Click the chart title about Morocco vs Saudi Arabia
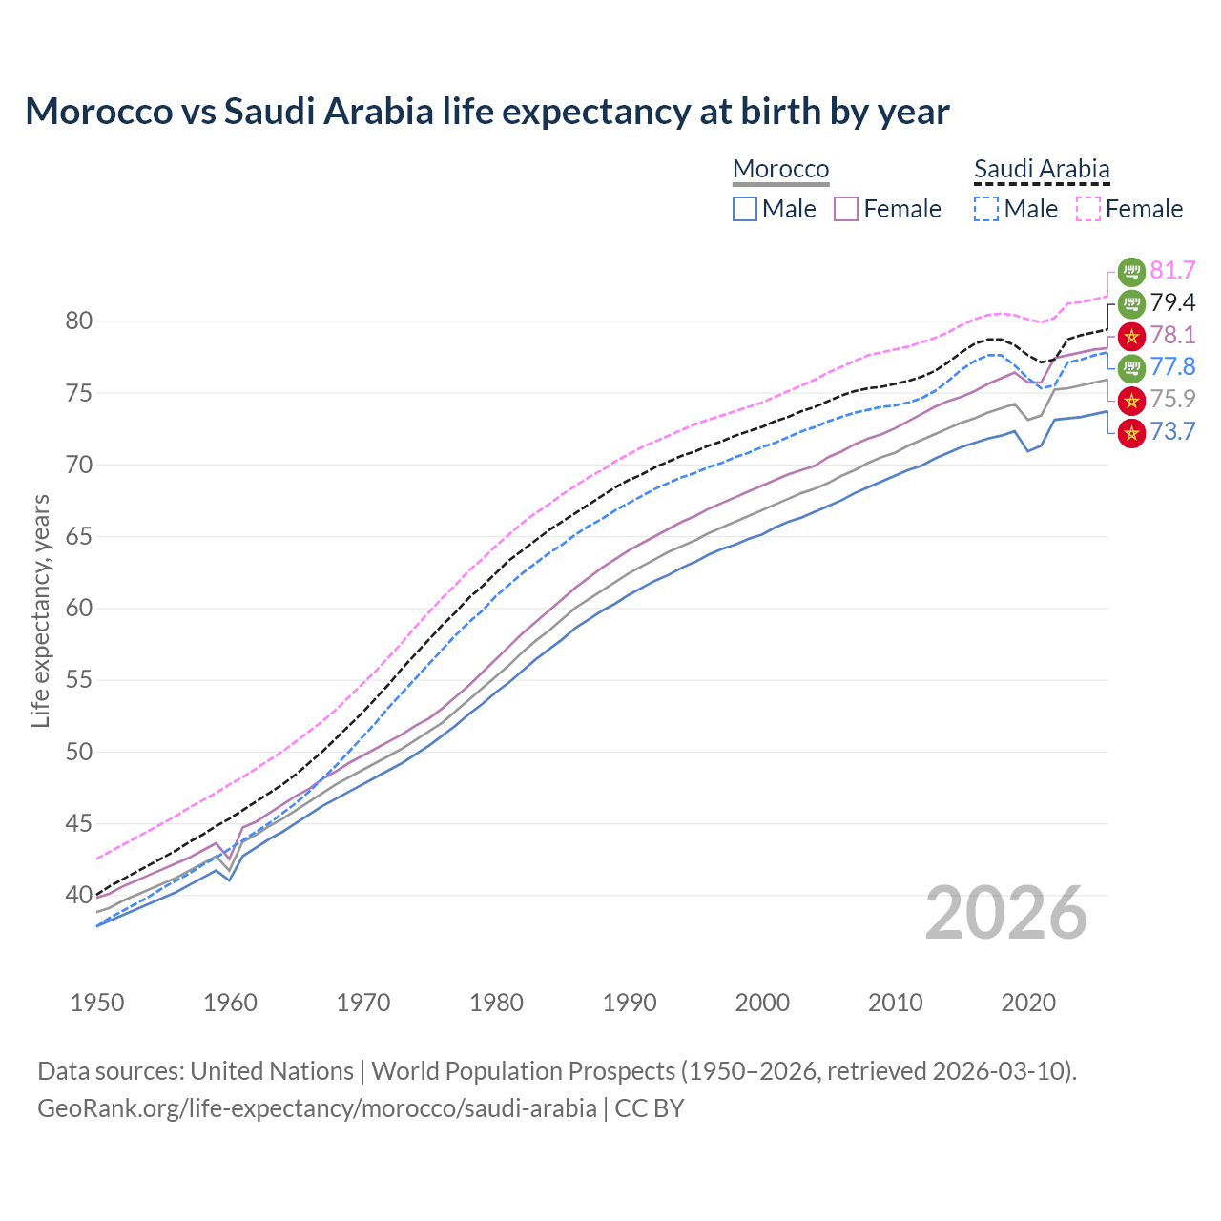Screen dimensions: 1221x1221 click(486, 112)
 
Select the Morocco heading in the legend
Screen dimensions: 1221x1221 click(780, 169)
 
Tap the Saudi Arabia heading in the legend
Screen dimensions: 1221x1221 click(1042, 169)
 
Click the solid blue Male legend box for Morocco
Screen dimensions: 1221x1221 click(745, 209)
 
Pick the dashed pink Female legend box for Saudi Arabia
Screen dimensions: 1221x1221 click(1088, 209)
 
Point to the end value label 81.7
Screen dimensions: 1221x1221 click(1172, 270)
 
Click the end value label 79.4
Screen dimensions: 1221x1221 click(1172, 302)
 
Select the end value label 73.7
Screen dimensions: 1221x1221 click(1172, 431)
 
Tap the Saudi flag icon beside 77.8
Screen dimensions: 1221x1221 click(1131, 367)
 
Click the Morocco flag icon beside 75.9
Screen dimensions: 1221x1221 click(1131, 400)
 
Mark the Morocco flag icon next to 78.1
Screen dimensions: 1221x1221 click(1131, 336)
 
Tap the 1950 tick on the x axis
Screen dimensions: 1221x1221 click(97, 1003)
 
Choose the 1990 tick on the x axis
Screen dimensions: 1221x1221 click(630, 1003)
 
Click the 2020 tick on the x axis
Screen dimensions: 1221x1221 click(1028, 1003)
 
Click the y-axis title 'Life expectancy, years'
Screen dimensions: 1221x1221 click(40, 610)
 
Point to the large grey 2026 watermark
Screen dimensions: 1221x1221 click(1006, 913)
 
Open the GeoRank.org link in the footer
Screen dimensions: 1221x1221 click(317, 1108)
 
